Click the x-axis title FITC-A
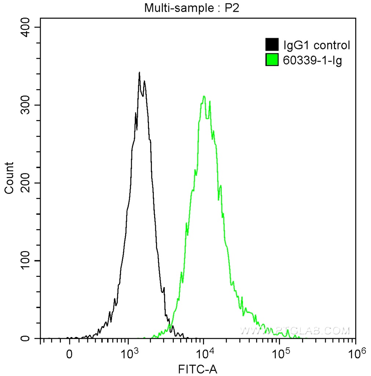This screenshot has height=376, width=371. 198,369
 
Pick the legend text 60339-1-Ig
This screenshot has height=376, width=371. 313,60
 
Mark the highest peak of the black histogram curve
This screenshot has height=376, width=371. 139,73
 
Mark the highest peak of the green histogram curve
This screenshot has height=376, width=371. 204,97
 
